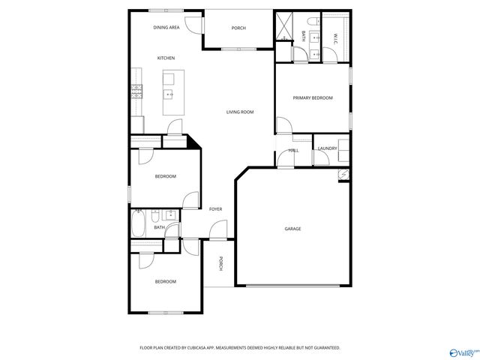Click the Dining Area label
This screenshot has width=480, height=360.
[166, 28]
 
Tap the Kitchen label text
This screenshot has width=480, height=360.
[166, 58]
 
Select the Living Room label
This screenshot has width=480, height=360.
[240, 112]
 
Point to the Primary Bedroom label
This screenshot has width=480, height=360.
[312, 97]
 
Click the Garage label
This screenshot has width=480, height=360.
[292, 229]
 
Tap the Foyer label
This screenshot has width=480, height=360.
[215, 209]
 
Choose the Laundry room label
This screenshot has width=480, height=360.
[327, 148]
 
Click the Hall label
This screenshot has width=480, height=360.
[293, 150]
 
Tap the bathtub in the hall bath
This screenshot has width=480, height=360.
[139, 223]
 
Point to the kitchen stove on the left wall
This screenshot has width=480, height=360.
[136, 91]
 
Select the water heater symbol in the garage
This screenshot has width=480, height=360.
[343, 174]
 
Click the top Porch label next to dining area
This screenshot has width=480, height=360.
[238, 28]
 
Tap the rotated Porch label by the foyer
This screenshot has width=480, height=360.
[220, 263]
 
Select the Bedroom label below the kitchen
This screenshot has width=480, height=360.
[165, 176]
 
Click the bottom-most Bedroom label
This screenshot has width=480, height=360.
[165, 281]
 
